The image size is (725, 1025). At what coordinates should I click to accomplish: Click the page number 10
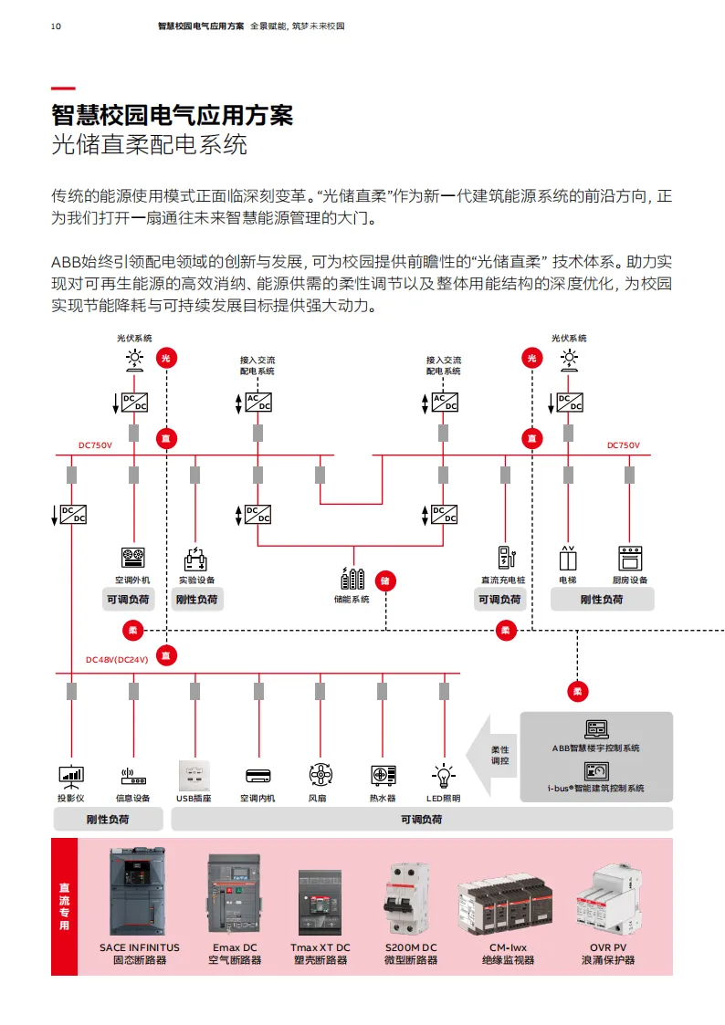tap(57, 26)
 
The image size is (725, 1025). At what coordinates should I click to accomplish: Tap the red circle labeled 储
tap(385, 580)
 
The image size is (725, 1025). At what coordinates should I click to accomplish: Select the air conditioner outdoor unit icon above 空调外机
tap(133, 558)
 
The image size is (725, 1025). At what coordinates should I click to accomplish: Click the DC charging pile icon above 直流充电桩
tap(505, 558)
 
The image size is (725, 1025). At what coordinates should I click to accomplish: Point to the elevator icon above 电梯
tap(568, 558)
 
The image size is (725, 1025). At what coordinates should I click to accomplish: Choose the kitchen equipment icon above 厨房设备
tap(630, 558)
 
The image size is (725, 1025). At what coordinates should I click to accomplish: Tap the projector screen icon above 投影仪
tap(71, 776)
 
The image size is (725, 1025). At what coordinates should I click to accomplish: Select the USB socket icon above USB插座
tap(194, 775)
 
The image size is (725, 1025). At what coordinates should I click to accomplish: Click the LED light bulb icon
tap(444, 776)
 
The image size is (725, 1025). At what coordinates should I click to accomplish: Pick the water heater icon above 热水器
tap(383, 776)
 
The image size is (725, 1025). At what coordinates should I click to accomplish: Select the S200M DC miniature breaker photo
tap(411, 899)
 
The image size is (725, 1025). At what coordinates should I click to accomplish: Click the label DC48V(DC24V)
tap(117, 659)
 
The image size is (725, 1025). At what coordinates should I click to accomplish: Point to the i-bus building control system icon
tap(596, 770)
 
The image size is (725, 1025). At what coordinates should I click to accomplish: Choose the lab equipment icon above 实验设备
tap(195, 558)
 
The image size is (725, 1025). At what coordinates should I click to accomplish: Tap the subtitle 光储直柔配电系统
tap(149, 144)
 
